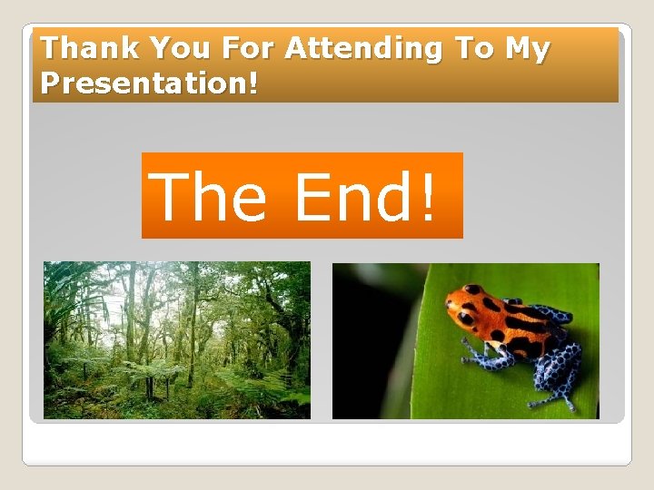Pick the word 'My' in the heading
(x=528, y=49)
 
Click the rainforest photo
(x=177, y=340)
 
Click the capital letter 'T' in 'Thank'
(x=50, y=48)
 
